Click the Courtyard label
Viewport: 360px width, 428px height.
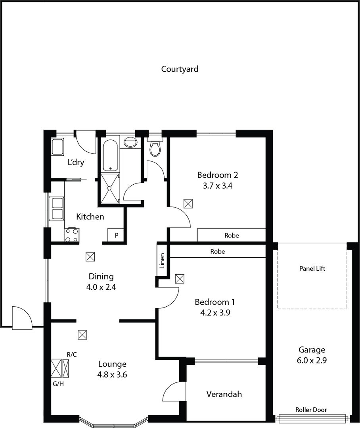(180, 69)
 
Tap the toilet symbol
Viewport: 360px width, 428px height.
(155, 147)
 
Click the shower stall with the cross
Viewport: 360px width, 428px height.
(110, 189)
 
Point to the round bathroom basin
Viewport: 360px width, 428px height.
(130, 143)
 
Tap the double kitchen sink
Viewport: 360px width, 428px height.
(57, 209)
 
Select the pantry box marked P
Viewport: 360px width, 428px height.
(116, 235)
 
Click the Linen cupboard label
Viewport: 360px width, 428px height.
(162, 261)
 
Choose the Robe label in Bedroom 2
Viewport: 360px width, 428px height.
(232, 235)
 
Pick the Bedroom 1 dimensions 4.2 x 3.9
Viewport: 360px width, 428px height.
(215, 313)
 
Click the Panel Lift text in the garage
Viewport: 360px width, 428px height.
(312, 269)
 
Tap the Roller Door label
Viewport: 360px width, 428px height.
(311, 410)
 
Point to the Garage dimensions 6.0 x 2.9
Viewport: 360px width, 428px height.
(312, 360)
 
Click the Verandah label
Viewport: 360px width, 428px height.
(224, 394)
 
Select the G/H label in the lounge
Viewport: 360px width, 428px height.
(58, 384)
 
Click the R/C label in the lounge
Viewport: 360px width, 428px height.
(71, 355)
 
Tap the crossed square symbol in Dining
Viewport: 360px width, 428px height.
(90, 257)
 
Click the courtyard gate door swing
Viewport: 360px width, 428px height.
(22, 318)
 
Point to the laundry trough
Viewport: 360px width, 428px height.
(57, 147)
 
